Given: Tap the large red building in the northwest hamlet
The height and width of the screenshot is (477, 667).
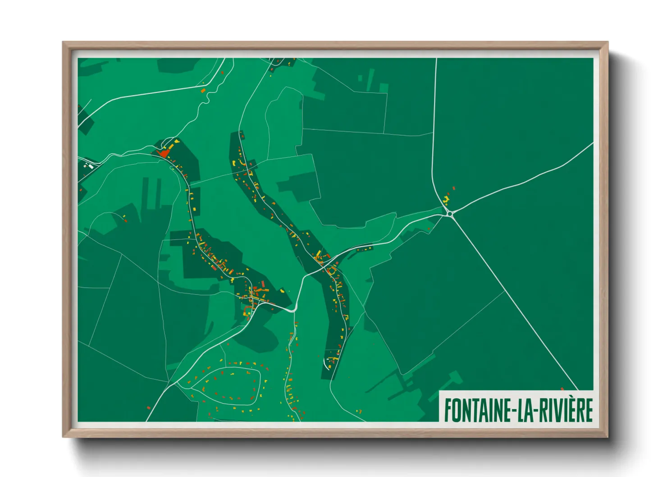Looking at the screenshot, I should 164,153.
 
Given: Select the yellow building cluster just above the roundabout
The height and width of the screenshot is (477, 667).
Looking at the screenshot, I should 447,198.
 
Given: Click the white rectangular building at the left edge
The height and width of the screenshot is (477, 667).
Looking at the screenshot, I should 91,166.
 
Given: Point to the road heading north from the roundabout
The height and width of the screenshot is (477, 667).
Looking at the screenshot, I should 434,135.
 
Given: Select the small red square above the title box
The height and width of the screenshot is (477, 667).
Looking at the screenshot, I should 562,389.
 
